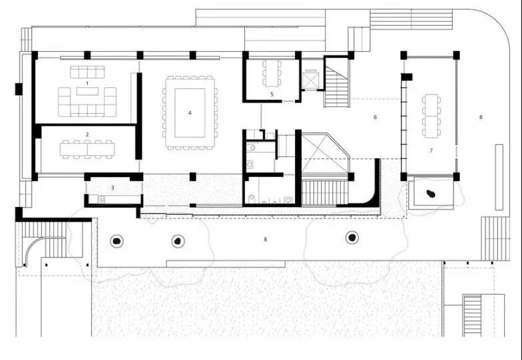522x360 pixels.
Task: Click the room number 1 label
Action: point(87,83)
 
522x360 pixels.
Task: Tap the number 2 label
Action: point(87,134)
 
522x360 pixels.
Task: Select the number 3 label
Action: point(113,188)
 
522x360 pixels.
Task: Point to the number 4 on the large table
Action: point(190,113)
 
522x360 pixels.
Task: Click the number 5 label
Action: point(272,94)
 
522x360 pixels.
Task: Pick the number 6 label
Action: point(376,117)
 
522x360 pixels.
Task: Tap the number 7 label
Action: point(431,150)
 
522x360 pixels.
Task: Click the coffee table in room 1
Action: point(88,91)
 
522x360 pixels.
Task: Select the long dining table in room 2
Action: point(88,149)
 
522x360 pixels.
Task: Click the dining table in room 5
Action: point(272,73)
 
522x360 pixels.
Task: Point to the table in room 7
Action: point(431,116)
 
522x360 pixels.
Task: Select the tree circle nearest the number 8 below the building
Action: point(352,238)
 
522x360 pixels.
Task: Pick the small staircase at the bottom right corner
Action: point(472,315)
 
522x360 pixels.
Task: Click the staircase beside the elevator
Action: point(337,87)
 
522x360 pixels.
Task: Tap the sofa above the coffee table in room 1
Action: point(87,72)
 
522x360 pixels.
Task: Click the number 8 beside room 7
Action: point(481,117)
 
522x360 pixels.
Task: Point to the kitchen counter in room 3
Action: point(119,200)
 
